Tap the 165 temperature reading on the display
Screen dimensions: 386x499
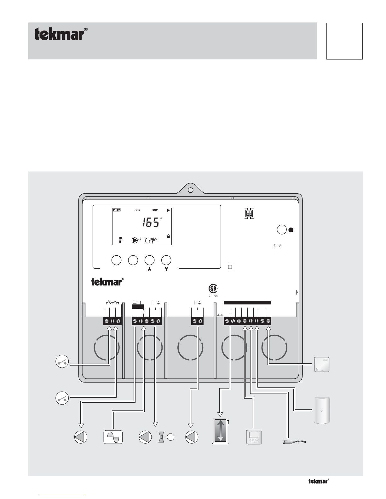151,224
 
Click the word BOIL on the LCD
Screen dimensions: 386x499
137,210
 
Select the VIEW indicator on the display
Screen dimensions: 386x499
116,210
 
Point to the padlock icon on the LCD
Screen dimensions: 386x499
168,235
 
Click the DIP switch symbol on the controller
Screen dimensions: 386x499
249,214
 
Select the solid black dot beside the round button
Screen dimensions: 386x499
291,230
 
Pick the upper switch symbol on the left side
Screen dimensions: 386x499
62,362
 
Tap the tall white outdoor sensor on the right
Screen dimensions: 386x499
322,411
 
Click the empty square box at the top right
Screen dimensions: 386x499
344,41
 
